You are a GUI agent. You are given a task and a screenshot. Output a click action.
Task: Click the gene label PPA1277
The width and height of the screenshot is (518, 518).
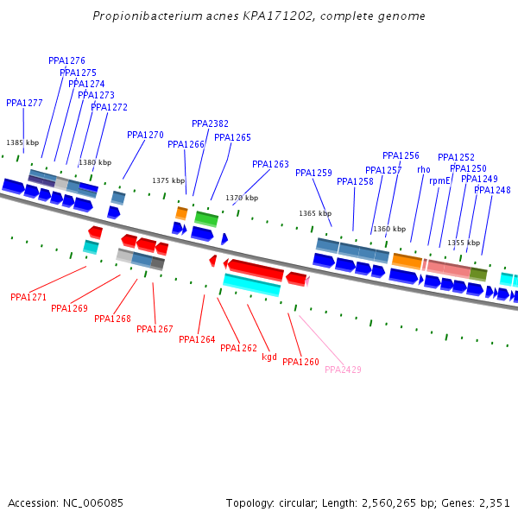coord(24,103)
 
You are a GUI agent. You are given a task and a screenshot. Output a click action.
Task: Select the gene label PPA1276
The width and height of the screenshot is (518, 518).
coord(66,61)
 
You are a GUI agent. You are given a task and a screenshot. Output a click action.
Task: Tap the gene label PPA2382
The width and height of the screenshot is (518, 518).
coord(210,123)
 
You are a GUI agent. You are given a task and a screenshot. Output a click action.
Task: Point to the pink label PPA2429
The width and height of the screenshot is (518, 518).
coord(343,370)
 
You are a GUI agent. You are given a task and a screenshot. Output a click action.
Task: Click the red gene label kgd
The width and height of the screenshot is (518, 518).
coord(269,357)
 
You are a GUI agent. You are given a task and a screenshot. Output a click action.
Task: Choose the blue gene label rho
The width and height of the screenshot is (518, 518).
coord(423,170)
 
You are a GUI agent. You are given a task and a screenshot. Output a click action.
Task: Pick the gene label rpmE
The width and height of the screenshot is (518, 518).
coord(439,181)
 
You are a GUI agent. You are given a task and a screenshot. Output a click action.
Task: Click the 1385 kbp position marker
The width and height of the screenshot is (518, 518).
coord(22,142)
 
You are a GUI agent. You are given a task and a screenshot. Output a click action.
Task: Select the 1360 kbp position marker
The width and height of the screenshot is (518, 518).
coord(389,229)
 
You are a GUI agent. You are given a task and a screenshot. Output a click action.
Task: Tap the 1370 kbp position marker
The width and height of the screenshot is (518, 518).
coord(242,198)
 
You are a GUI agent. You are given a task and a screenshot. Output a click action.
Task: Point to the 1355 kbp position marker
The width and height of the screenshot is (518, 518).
coord(464,243)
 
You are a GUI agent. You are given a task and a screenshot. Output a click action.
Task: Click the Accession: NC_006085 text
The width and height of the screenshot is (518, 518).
coord(66,502)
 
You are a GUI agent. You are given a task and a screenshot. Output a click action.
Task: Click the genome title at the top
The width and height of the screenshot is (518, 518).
coord(259,16)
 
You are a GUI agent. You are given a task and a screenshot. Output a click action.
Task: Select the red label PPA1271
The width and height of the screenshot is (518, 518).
coord(28,297)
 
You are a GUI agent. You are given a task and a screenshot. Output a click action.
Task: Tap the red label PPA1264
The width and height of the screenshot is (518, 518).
coord(197,339)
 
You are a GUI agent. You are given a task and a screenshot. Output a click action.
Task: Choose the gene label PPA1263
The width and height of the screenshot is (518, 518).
coord(270,164)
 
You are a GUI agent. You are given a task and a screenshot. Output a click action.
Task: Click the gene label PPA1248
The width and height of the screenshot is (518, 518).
coord(492,190)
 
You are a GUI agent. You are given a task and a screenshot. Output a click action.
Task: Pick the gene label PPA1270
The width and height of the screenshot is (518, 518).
coord(145,135)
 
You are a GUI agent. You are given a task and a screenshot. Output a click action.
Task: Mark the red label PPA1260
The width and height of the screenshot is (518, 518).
coord(300,362)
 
